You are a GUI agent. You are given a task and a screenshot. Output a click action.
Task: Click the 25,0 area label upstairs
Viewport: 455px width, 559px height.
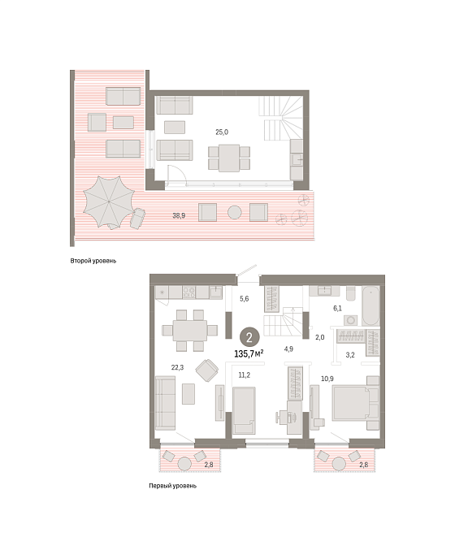[222, 132]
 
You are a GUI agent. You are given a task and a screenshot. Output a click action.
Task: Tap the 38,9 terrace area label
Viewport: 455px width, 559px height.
[179, 215]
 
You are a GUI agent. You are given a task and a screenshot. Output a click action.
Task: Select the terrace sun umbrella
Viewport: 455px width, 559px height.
[109, 202]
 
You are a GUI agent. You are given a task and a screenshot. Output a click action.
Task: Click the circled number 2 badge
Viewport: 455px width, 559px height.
[249, 337]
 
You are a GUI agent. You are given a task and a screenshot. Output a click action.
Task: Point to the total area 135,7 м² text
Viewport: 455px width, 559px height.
[249, 353]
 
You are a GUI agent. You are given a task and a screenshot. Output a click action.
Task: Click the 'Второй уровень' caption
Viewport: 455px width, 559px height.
[93, 261]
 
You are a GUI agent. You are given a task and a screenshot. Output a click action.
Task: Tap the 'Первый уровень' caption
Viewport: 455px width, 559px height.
[172, 486]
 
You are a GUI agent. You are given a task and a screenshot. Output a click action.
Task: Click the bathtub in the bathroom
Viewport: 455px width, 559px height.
[370, 305]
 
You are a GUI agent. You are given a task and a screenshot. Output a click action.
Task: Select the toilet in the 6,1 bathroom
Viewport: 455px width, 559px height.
[351, 292]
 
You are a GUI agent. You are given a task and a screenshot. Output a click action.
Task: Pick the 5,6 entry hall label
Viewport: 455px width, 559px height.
[245, 299]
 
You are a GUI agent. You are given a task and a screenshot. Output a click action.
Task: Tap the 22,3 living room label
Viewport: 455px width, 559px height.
[177, 367]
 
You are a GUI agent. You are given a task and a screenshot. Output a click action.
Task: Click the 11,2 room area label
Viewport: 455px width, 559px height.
[245, 375]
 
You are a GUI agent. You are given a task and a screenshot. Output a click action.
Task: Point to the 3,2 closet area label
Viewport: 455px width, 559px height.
[350, 355]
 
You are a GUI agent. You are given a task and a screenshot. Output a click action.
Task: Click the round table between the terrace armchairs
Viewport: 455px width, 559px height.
[235, 213]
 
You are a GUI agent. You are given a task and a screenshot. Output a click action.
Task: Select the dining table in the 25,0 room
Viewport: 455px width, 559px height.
[229, 158]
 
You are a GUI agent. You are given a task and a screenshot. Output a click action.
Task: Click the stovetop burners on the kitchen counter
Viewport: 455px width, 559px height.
[188, 292]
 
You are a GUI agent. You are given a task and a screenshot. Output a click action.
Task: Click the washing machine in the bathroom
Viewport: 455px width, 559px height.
[351, 320]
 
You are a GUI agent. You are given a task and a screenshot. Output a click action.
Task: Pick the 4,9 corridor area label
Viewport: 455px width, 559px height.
[288, 349]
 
